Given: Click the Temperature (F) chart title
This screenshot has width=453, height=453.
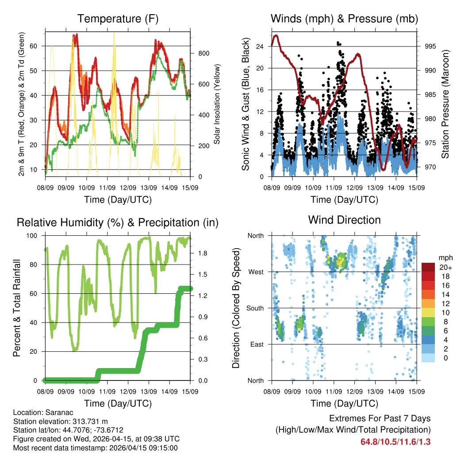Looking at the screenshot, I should coord(118,19).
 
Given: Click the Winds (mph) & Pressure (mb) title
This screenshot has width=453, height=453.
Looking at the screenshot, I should coord(344,19).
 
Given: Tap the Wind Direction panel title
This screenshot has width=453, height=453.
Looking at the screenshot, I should coord(344,220).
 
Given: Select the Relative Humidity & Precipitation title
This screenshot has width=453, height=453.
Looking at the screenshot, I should coord(118,223).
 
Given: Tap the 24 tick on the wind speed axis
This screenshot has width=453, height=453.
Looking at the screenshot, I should coord(260,46).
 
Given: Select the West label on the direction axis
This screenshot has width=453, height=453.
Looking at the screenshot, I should coord(256,272).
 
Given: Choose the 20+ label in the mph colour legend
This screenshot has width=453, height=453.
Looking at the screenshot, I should coord(445,267).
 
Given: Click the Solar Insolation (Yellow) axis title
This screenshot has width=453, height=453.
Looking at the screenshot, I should coord(218,104).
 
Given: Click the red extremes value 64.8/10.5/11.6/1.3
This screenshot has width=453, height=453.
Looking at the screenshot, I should coord(395,442).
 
